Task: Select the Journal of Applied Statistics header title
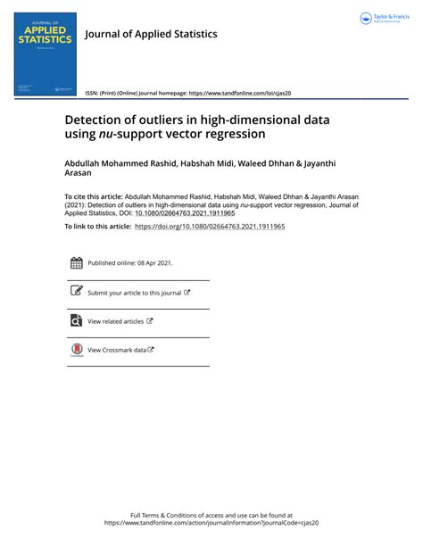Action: coord(151,34)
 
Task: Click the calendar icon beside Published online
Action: coord(76,262)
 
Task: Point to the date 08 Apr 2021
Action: coord(153,263)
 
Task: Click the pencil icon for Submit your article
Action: coord(76,291)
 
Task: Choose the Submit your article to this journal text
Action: coord(134,293)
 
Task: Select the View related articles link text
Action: coord(115,321)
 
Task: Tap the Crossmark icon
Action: coord(76,350)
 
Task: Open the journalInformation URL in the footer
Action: coord(211,524)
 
